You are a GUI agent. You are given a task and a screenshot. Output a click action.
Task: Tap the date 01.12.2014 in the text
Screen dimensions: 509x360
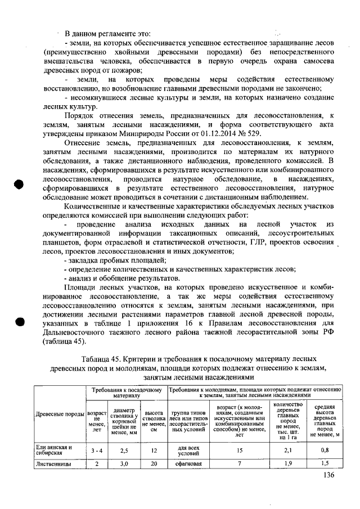pyautogui.click(x=213, y=134)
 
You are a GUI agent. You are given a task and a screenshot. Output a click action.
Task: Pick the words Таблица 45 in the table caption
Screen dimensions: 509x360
pyautogui.click(x=103, y=359)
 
